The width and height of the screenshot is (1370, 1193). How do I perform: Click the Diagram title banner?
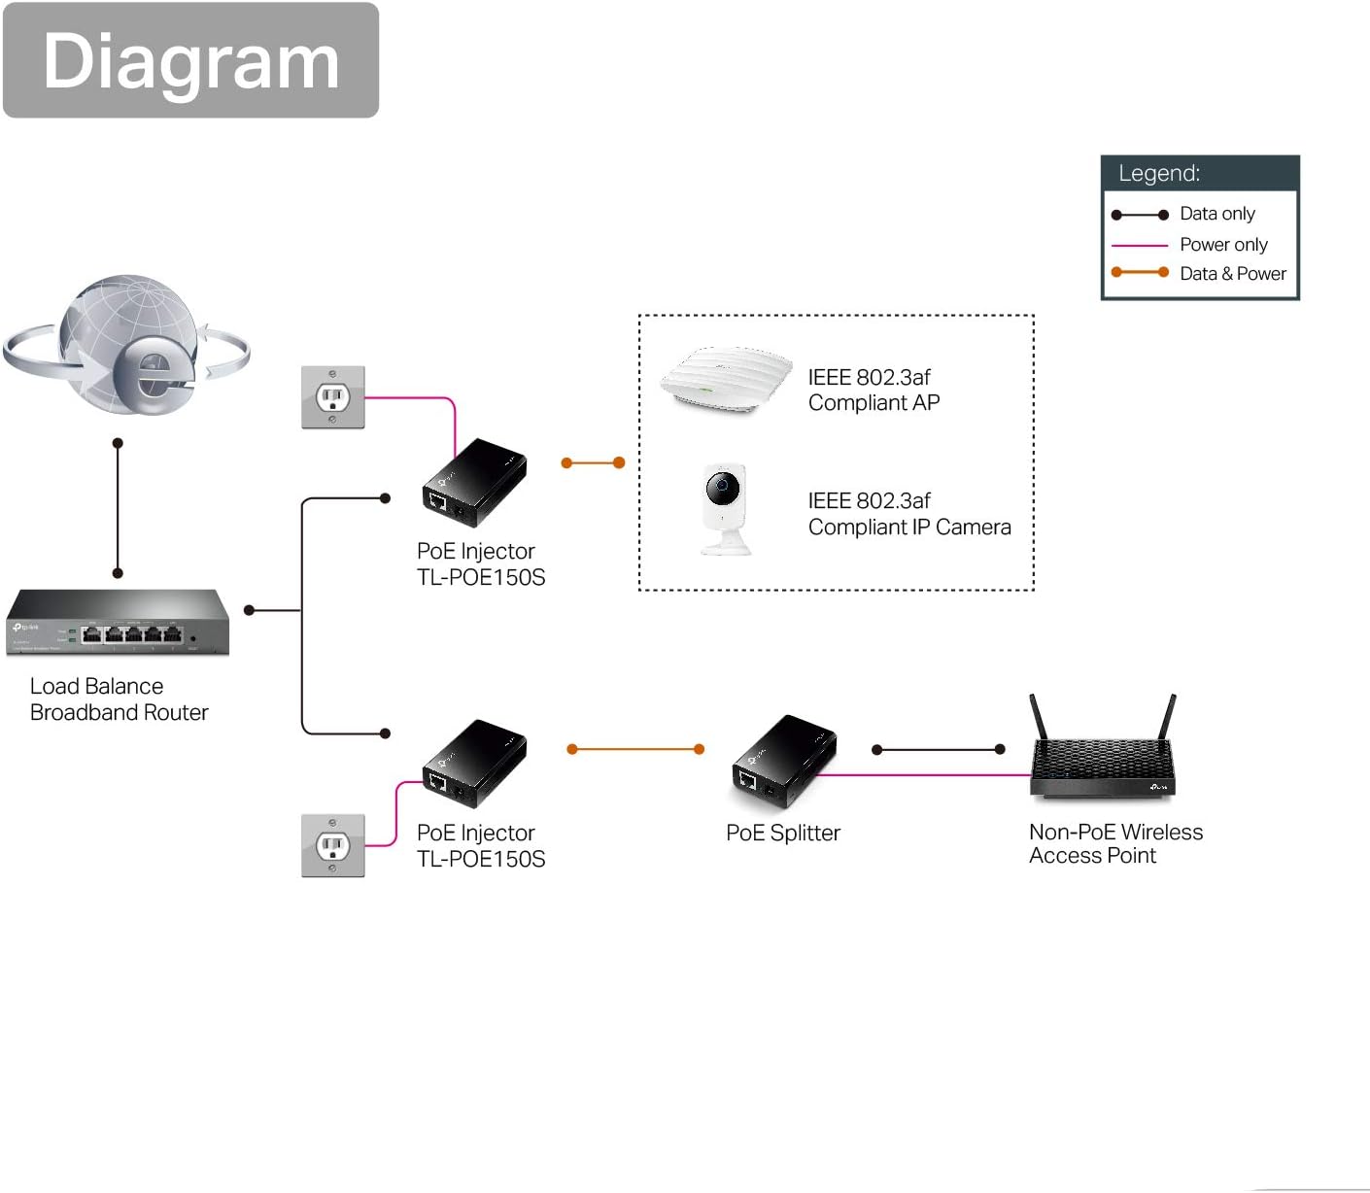[190, 60]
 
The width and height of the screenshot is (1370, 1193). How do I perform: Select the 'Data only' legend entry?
[1216, 214]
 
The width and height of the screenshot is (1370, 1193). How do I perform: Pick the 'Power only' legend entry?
[1222, 245]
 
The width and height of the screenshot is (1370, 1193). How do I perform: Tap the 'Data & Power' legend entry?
[1232, 274]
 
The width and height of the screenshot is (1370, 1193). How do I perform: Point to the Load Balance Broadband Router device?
[118, 623]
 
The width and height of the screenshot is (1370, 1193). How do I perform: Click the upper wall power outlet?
[333, 397]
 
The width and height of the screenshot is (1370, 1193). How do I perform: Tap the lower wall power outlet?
[333, 846]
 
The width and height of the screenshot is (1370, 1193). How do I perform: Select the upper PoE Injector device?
[474, 483]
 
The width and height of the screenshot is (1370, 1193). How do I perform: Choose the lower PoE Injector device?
[474, 765]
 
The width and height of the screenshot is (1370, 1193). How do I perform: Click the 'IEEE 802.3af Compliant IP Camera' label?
[908, 514]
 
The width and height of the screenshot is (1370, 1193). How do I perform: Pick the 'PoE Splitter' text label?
[783, 833]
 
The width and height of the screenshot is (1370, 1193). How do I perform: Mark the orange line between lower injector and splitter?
[635, 749]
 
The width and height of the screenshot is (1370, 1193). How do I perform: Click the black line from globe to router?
[118, 508]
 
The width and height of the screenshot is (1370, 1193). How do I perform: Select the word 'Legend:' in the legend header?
[1159, 174]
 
